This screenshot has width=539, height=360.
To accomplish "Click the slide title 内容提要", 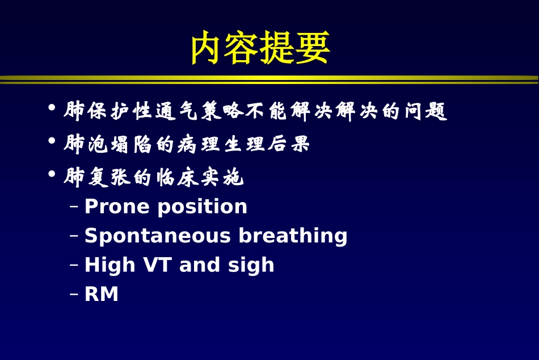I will (x=260, y=48).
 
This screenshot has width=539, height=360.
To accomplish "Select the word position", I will (x=202, y=207).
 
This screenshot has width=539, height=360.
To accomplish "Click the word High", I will (x=110, y=265).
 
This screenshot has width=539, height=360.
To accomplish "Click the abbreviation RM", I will (x=102, y=295).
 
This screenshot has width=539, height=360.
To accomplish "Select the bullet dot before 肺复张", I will (x=52, y=173).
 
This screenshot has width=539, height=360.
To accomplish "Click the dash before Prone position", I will (x=74, y=207).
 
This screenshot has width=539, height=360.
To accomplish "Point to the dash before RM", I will (x=74, y=295).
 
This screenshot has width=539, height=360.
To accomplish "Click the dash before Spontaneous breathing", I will (x=74, y=236).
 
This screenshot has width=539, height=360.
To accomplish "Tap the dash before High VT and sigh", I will (x=74, y=265).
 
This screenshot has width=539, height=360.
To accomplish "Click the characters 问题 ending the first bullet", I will (x=426, y=111).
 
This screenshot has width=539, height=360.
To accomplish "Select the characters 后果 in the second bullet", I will (x=289, y=144).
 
